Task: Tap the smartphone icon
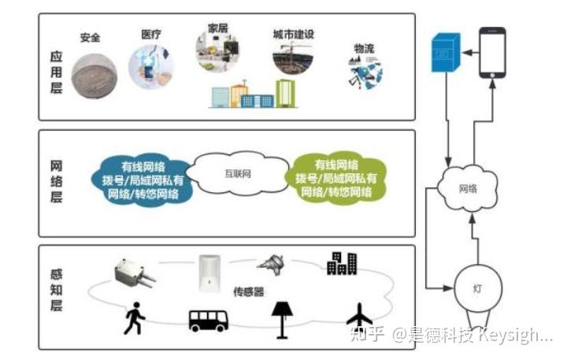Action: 492,52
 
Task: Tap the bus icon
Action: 208,320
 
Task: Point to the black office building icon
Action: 341,264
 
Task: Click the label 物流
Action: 365,48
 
